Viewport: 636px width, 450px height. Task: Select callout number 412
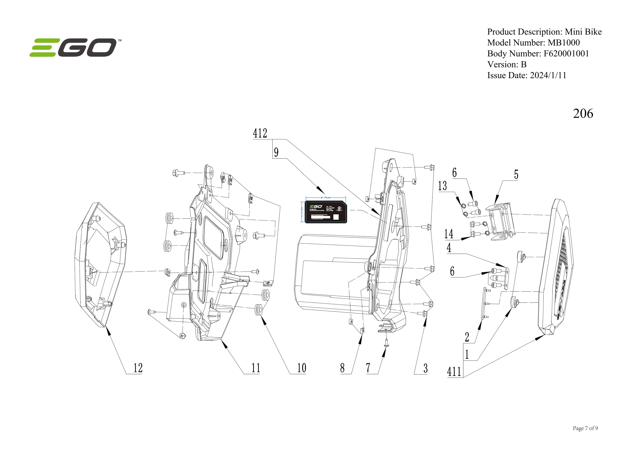point(260,133)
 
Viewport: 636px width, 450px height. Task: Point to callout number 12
point(138,368)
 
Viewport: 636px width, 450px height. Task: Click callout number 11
point(255,368)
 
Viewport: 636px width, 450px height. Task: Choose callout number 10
point(301,368)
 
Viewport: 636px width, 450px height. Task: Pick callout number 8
point(342,368)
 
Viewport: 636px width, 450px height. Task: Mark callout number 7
point(368,368)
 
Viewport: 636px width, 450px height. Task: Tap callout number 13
point(442,186)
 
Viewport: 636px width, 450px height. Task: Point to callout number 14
point(448,234)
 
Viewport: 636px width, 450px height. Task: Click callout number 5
point(516,174)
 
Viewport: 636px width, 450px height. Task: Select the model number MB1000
point(563,43)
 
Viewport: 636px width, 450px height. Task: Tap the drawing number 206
point(583,114)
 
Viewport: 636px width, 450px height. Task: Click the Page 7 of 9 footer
point(585,428)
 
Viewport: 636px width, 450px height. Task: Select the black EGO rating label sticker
point(325,212)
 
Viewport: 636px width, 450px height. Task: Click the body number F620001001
point(566,53)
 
